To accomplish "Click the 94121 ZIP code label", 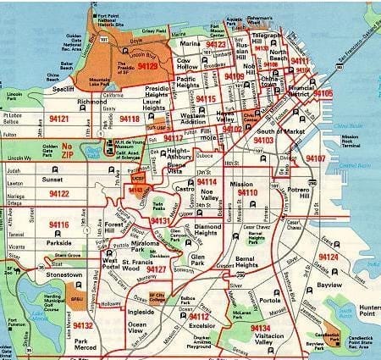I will coord(59,119).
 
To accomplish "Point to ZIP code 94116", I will coord(58,224).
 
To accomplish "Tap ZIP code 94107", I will coord(315,158).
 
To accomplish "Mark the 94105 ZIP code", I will coord(323,92).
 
